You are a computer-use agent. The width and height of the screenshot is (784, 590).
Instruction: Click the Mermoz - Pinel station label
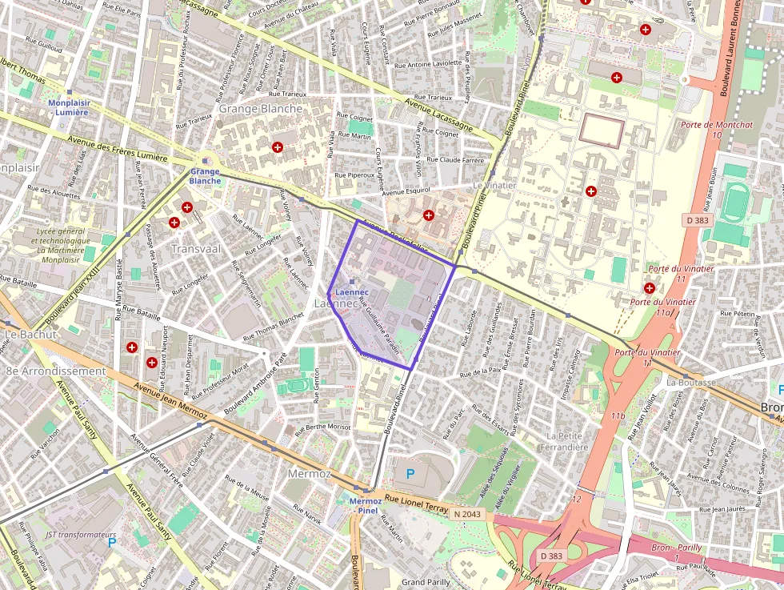367,504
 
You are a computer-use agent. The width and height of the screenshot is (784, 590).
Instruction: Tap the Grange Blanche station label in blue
205,176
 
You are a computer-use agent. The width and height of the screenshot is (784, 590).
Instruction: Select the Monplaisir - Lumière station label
70,107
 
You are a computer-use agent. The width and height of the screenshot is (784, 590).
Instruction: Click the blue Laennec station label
352,292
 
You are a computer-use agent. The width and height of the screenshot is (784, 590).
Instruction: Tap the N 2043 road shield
466,513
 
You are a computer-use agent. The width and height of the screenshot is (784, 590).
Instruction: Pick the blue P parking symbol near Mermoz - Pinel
410,474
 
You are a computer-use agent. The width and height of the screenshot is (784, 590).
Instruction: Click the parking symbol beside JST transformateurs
112,543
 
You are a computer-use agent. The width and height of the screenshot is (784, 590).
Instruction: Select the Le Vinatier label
494,185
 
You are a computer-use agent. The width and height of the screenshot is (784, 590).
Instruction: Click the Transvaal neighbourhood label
196,249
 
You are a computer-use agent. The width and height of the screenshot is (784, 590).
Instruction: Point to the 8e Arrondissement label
56,371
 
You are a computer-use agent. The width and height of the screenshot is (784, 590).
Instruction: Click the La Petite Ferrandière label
566,441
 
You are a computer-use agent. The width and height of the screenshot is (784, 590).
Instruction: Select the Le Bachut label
31,334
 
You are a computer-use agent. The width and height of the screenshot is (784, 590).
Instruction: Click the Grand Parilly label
426,582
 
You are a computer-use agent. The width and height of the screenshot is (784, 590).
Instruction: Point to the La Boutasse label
690,382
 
